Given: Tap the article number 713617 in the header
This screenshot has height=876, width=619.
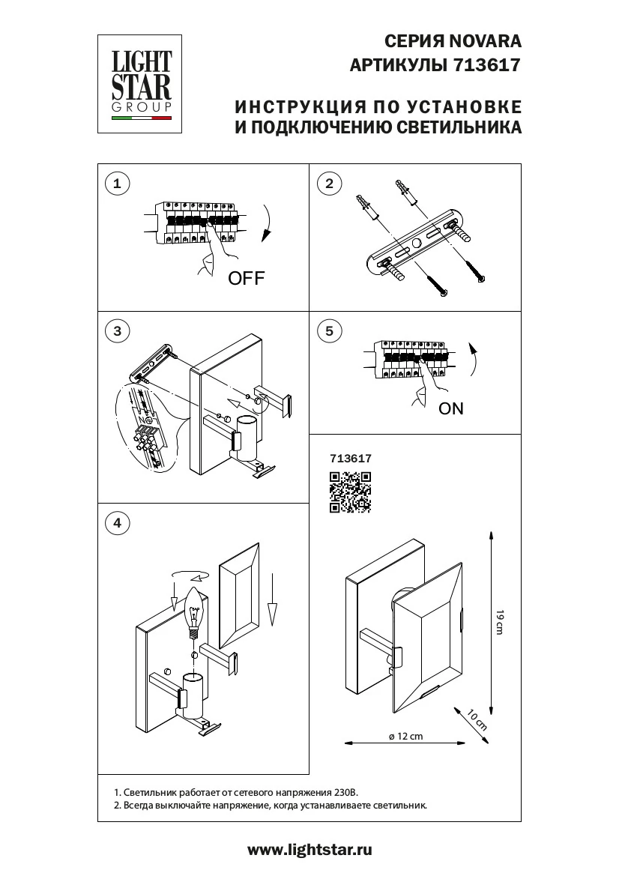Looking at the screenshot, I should (x=487, y=65).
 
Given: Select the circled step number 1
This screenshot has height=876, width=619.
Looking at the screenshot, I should (x=116, y=183).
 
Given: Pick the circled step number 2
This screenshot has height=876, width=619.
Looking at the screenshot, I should (x=329, y=183).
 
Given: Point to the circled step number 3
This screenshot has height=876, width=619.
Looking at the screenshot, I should (x=116, y=330).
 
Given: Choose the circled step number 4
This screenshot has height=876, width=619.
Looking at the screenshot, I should (x=116, y=523).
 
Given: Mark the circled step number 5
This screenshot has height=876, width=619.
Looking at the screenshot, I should (x=329, y=330).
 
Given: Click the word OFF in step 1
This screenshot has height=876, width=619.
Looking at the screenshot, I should (x=247, y=279).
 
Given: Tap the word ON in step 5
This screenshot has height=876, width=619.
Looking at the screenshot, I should (x=451, y=408).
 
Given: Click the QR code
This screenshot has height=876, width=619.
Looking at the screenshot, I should (x=350, y=492).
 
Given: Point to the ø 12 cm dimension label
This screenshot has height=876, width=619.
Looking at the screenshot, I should (x=406, y=736).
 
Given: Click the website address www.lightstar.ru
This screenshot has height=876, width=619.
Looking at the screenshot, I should (x=309, y=850).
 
